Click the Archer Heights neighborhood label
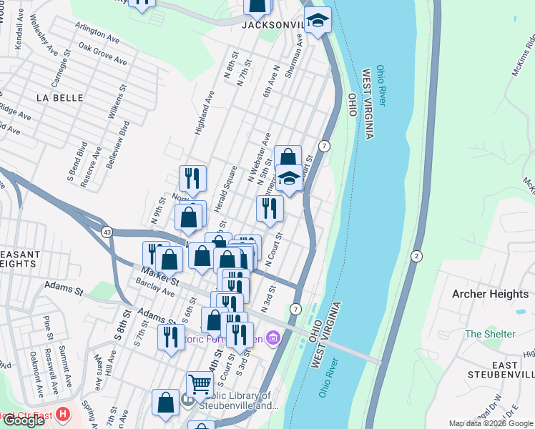coord(490,294)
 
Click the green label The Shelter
coord(490,334)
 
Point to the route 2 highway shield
coord(416,256)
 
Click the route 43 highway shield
coord(107,232)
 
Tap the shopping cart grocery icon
coord(200,384)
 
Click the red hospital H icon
coord(64,414)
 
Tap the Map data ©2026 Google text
coord(491,423)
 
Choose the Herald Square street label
coord(228,185)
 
